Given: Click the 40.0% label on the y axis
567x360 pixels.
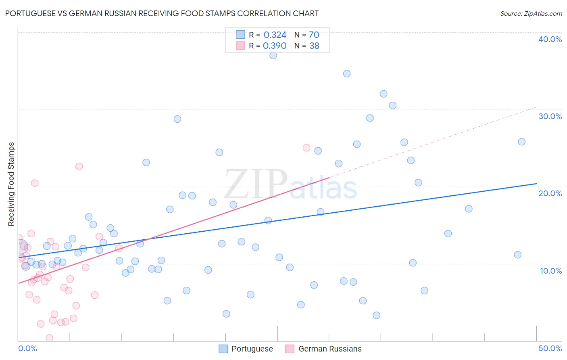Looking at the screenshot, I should click(550, 39).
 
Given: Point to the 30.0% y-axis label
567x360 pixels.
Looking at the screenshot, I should click(550, 116).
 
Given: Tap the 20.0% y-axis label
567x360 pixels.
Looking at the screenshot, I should click(550, 193).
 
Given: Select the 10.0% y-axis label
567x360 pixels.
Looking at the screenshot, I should click(550, 271).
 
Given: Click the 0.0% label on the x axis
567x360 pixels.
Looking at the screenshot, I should click(27, 348).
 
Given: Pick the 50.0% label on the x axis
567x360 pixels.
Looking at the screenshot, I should click(550, 348).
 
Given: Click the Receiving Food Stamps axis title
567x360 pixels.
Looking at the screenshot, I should click(11, 184).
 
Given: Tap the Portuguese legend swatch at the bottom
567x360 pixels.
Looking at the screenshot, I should click(223, 349).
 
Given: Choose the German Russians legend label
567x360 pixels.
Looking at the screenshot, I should click(330, 349).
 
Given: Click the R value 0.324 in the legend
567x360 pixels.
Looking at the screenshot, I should click(275, 35).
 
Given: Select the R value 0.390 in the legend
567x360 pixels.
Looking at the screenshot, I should click(275, 46).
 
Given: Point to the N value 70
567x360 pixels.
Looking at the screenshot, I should click(314, 35).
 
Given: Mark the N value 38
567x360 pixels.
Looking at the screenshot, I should click(314, 46).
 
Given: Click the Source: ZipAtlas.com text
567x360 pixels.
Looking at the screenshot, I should click(531, 13).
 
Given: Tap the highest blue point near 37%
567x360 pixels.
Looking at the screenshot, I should click(273, 56).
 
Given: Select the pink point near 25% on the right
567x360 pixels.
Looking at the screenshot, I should click(306, 148).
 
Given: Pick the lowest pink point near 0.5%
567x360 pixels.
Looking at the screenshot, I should click(49, 338).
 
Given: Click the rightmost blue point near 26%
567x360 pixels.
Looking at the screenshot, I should click(521, 142).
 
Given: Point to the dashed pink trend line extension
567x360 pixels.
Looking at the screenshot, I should click(436, 141).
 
